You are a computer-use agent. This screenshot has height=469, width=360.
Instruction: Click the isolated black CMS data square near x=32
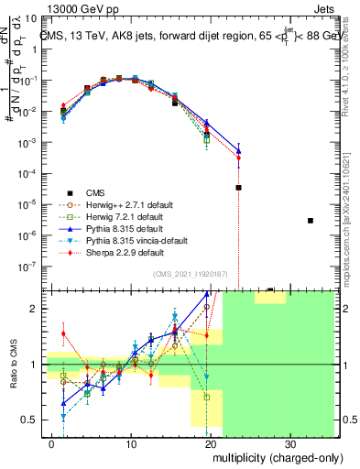(x=311, y=221)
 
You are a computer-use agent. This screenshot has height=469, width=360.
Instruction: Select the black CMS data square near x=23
(x=238, y=188)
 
